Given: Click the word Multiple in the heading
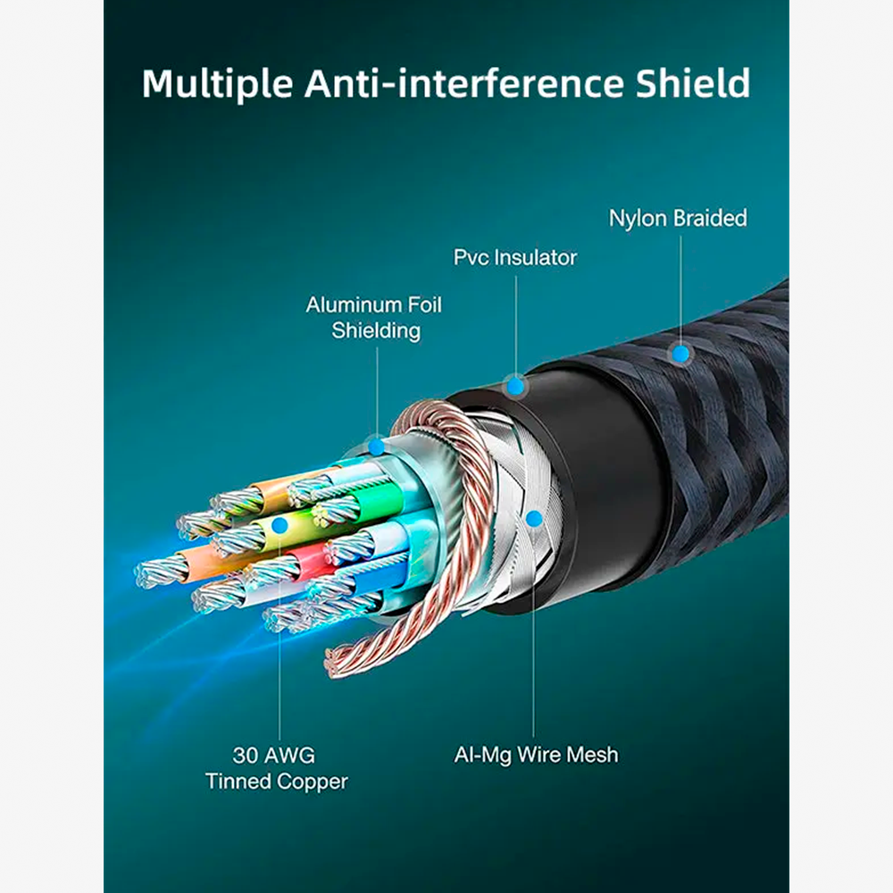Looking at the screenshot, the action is pyautogui.click(x=217, y=84).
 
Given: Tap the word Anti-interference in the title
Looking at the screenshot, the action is pyautogui.click(x=463, y=83).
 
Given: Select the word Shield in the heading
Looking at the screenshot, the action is pyautogui.click(x=693, y=83).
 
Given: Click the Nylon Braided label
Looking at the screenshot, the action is pyautogui.click(x=678, y=218).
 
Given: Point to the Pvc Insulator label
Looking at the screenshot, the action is pyautogui.click(x=515, y=257).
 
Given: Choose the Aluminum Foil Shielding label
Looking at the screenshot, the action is pyautogui.click(x=374, y=317).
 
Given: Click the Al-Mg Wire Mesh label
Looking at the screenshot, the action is pyautogui.click(x=536, y=755).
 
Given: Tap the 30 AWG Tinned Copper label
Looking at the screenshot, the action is pyautogui.click(x=276, y=768).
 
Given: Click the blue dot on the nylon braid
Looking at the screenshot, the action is pyautogui.click(x=680, y=355).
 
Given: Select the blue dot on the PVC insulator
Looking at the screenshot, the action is pyautogui.click(x=515, y=387).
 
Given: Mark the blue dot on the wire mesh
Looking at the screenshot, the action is pyautogui.click(x=534, y=519).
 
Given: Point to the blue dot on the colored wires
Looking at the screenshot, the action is pyautogui.click(x=279, y=526).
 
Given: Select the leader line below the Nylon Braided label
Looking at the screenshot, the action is pyautogui.click(x=680, y=290).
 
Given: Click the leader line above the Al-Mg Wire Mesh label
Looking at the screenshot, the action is pyautogui.click(x=534, y=633).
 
